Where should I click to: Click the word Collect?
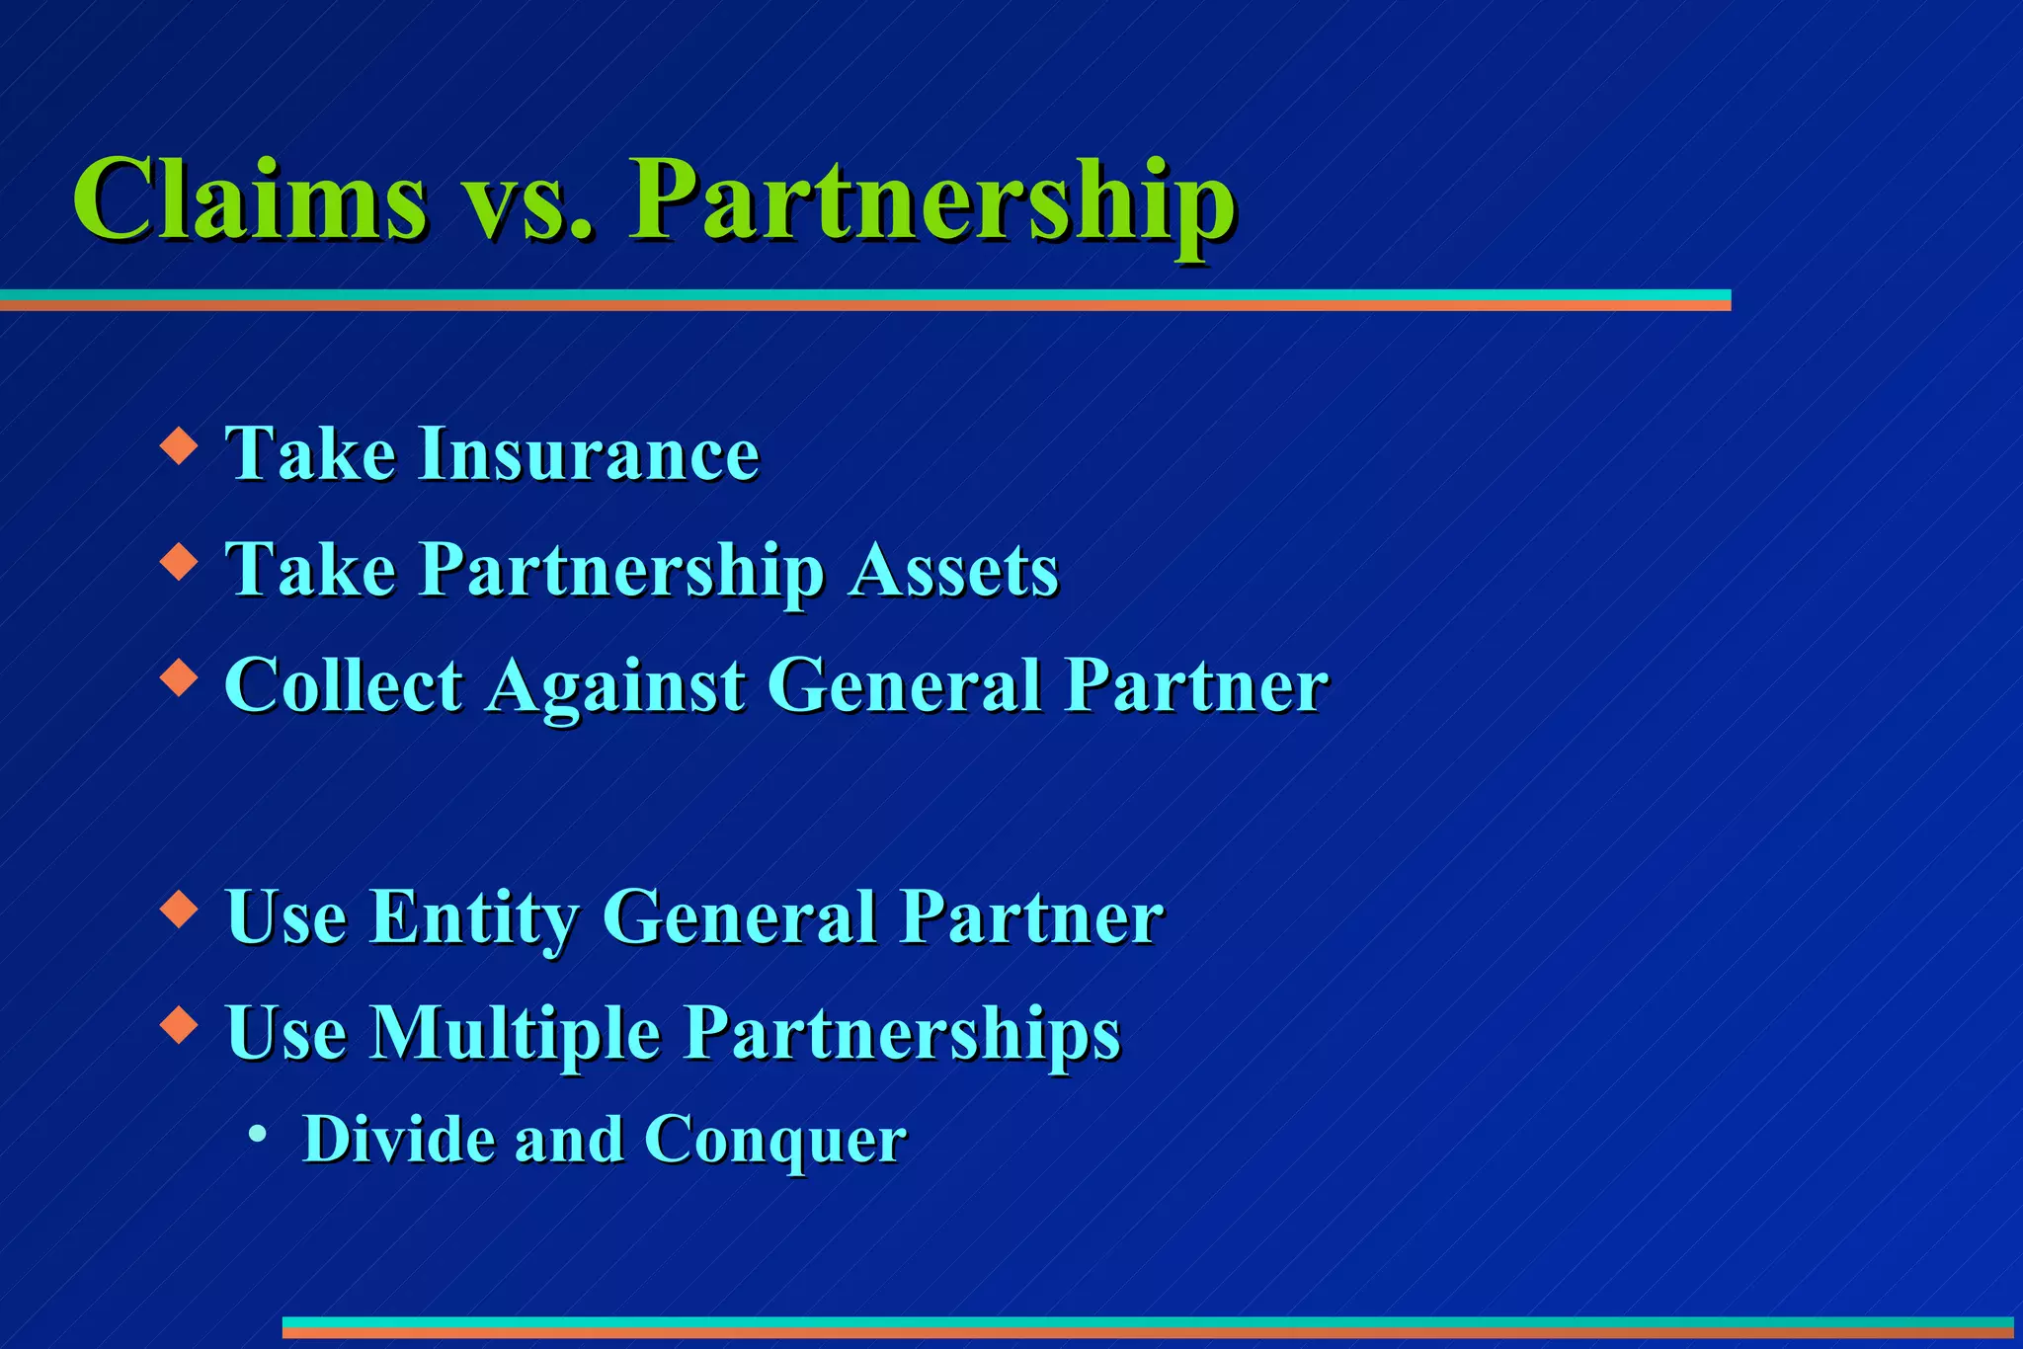344,685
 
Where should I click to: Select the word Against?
615,687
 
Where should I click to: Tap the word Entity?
474,918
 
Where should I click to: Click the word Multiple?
515,1034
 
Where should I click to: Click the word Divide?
396,1140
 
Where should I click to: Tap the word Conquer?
774,1142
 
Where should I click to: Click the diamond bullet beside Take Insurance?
179,445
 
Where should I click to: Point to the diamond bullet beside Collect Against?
179,677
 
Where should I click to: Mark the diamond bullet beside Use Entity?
179,909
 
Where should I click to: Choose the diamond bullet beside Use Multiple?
179,1024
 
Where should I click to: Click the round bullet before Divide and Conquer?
258,1135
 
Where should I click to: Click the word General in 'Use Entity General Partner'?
740,918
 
